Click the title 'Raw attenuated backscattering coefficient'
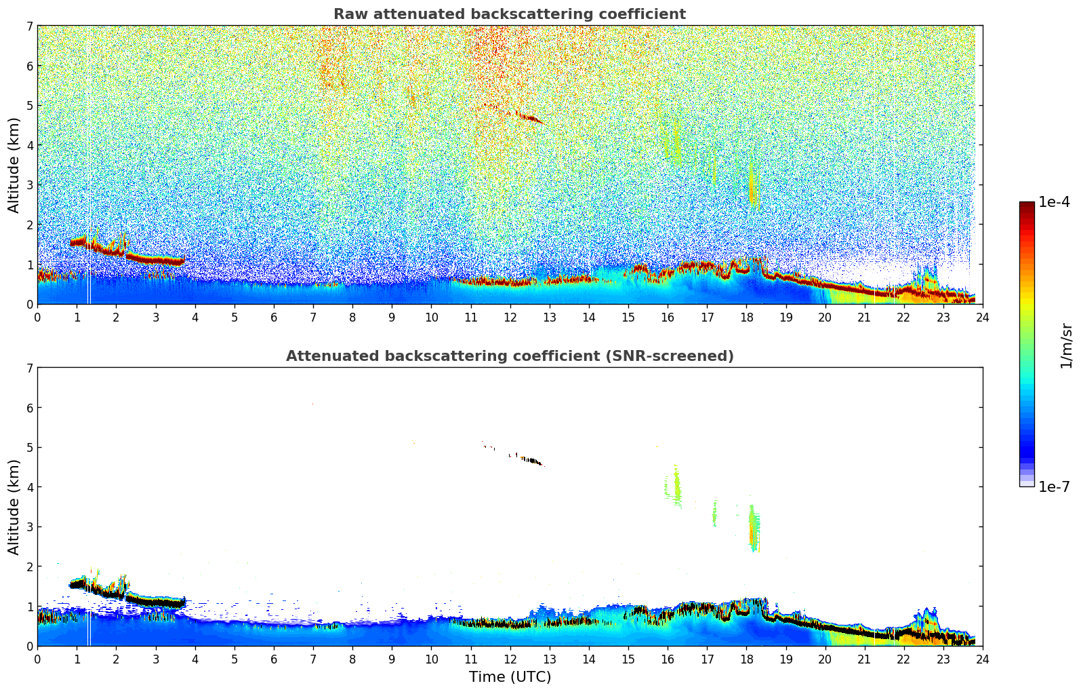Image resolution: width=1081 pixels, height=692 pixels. [x=509, y=14]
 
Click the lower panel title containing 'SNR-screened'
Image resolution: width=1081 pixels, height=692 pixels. [x=509, y=356]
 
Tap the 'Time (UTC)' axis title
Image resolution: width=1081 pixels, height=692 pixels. [x=510, y=677]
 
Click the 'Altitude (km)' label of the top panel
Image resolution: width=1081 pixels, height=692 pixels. [x=14, y=165]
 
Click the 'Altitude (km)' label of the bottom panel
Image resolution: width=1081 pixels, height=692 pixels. [x=14, y=507]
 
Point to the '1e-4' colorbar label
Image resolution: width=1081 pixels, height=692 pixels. [x=1054, y=202]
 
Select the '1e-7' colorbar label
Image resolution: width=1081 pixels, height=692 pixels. [x=1054, y=487]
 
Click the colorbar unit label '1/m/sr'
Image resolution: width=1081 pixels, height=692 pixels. [x=1065, y=345]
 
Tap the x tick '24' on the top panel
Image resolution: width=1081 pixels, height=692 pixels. [x=983, y=317]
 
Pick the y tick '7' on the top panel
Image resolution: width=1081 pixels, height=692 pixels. [x=29, y=26]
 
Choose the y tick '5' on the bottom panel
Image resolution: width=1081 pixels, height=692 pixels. [x=29, y=448]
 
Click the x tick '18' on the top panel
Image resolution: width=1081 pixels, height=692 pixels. [x=746, y=317]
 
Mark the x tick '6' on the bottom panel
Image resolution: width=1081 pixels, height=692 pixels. [x=274, y=659]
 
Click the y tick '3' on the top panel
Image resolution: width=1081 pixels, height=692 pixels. [x=29, y=185]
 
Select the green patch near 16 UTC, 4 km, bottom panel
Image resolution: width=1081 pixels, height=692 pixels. [x=676, y=487]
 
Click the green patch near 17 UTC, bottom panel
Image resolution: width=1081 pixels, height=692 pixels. [x=714, y=514]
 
